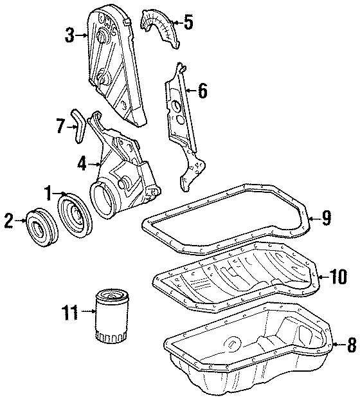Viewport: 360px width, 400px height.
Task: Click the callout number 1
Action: (48, 192)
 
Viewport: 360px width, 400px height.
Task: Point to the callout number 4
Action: (82, 165)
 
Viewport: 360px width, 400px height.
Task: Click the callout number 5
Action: (188, 23)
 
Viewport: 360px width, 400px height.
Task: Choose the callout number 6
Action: (202, 91)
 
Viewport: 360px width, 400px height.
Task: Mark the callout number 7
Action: (60, 127)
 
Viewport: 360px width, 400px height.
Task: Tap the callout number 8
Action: (350, 345)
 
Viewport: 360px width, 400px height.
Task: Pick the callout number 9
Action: (327, 218)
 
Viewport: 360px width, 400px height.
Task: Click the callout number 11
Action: (69, 313)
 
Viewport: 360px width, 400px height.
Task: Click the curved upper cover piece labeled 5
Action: (161, 29)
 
